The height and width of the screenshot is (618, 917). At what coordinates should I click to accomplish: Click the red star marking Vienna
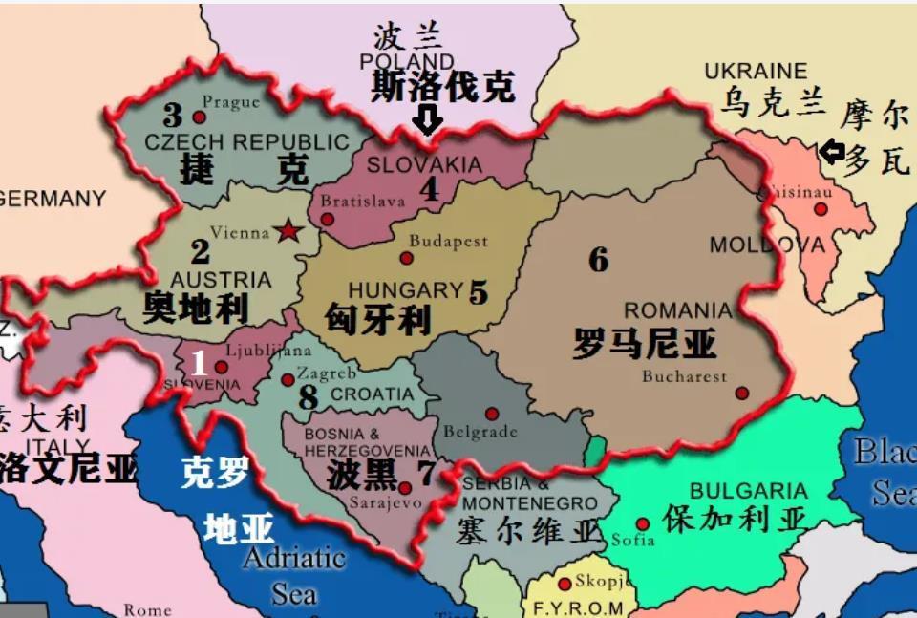click(x=286, y=231)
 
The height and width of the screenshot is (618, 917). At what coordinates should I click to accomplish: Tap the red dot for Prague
click(x=199, y=117)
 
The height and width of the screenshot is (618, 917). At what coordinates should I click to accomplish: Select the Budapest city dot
click(x=406, y=258)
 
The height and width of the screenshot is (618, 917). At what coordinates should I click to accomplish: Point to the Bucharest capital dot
click(x=742, y=393)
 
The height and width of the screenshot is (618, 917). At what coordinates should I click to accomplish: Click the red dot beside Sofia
click(x=643, y=523)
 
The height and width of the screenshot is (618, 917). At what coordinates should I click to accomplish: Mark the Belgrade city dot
click(x=492, y=414)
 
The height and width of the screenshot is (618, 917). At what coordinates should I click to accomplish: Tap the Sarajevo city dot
click(x=405, y=488)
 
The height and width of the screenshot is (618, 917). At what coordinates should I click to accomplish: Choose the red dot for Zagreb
click(x=288, y=379)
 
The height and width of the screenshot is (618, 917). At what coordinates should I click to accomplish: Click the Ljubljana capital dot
click(x=222, y=367)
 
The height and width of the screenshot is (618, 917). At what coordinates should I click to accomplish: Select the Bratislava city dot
click(x=328, y=219)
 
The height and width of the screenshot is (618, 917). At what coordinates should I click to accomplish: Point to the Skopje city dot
click(x=565, y=584)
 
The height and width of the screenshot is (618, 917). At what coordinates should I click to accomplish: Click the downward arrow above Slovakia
click(x=426, y=120)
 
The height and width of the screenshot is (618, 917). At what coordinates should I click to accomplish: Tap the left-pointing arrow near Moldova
click(x=831, y=151)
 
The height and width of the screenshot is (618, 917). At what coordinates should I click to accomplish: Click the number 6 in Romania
click(x=598, y=260)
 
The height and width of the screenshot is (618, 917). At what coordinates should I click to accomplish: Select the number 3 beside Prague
click(x=172, y=117)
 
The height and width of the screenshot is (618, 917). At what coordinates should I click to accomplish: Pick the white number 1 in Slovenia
click(x=199, y=363)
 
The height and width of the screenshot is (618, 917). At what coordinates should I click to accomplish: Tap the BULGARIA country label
click(x=748, y=492)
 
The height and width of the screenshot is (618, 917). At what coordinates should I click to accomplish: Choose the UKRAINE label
click(x=756, y=72)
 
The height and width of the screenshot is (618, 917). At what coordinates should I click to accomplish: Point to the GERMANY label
click(x=53, y=199)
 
